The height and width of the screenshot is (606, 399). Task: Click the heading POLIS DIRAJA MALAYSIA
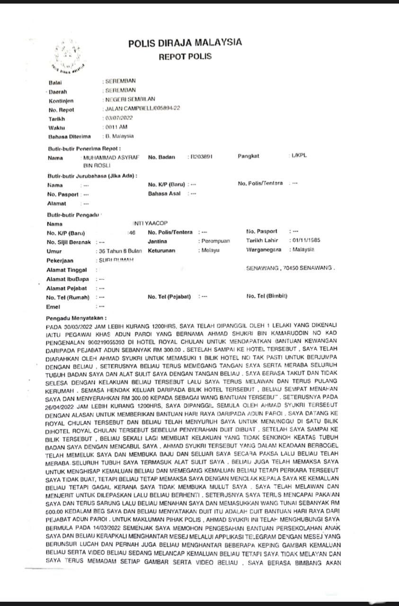click(x=185, y=43)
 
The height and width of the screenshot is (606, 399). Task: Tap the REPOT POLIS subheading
click(x=185, y=57)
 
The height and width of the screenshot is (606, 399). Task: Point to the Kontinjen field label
click(x=61, y=101)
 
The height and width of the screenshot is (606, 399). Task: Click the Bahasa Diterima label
click(x=69, y=137)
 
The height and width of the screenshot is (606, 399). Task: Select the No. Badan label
click(x=163, y=157)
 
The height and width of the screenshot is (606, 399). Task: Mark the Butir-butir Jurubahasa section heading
click(x=92, y=176)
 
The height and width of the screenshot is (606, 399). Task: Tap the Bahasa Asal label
click(x=164, y=194)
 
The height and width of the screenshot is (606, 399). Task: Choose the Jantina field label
click(x=157, y=241)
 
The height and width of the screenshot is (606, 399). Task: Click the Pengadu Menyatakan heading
click(x=77, y=318)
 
